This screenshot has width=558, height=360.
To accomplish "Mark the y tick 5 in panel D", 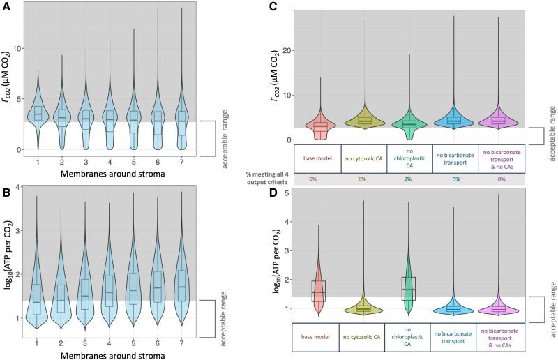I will pos(287,193).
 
